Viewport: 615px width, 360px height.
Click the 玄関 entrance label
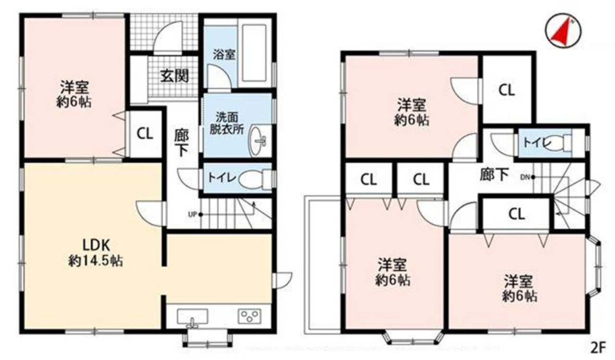pos(174,76)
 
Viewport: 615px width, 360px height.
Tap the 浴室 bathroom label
pos(224,55)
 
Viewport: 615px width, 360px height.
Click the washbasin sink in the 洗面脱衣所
pos(258,141)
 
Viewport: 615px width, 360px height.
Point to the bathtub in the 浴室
pos(254,53)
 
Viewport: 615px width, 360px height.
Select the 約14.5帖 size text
pos(95,261)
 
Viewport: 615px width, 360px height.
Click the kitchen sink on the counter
pos(193,317)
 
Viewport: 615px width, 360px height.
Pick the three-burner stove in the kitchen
pos(249,316)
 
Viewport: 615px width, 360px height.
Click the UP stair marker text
pos(193,214)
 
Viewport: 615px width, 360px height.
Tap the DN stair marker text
pos(525,177)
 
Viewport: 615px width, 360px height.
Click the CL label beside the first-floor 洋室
pos(145,134)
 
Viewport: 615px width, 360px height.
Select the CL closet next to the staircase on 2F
pos(517,214)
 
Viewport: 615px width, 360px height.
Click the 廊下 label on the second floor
pos(494,174)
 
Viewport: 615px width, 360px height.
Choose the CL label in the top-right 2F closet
pos(506,90)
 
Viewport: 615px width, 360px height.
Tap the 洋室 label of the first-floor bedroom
pos(74,87)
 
